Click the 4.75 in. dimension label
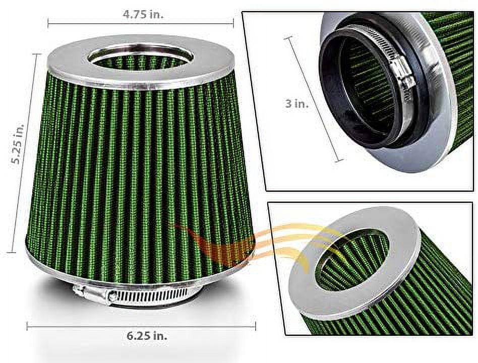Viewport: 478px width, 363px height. click(143, 14)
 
